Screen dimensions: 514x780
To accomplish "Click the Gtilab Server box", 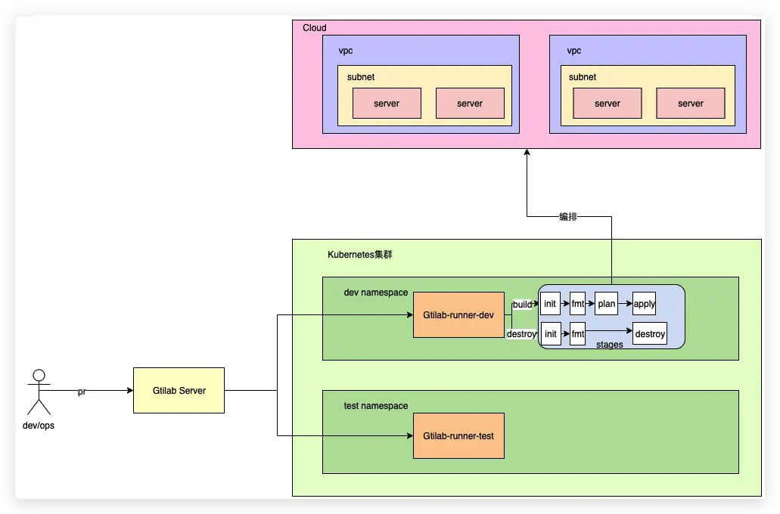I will click(179, 390).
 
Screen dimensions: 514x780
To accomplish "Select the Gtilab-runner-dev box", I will click(458, 314).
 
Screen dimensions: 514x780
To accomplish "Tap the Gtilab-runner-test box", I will click(458, 436).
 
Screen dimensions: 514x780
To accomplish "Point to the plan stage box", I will click(607, 304).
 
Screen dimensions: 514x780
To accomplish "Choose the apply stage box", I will click(645, 304).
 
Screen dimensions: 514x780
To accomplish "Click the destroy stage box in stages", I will click(650, 333).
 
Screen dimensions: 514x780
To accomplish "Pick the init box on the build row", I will click(550, 304).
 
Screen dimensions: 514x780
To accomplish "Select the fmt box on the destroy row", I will click(578, 333).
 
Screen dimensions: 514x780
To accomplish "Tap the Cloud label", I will click(315, 28).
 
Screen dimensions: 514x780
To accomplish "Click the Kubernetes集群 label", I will click(359, 255).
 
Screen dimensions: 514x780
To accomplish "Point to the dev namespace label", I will click(376, 293).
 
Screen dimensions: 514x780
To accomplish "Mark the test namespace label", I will click(376, 406).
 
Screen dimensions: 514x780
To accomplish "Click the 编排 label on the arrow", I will click(568, 216).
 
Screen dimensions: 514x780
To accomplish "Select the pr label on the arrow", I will click(82, 392).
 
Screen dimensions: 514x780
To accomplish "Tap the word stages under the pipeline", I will click(610, 345).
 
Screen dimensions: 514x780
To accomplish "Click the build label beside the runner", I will click(522, 304).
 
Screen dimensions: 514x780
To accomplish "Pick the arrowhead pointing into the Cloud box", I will click(527, 153).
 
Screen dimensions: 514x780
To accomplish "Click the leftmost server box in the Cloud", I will click(387, 104).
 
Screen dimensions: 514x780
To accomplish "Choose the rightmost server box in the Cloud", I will click(691, 104).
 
